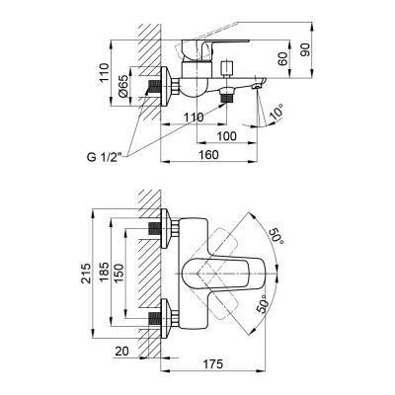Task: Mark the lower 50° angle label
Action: (264, 302)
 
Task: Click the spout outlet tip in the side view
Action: (258, 89)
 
